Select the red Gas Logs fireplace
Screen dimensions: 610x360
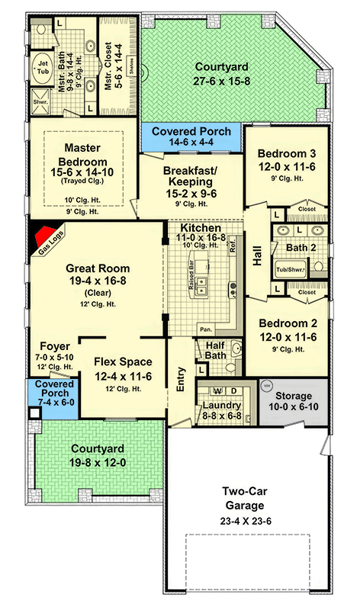[43, 237]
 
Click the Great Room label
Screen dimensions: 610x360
[97, 268]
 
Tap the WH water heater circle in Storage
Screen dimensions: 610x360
[267, 387]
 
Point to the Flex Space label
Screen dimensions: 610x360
[122, 362]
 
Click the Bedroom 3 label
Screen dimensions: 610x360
[286, 152]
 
